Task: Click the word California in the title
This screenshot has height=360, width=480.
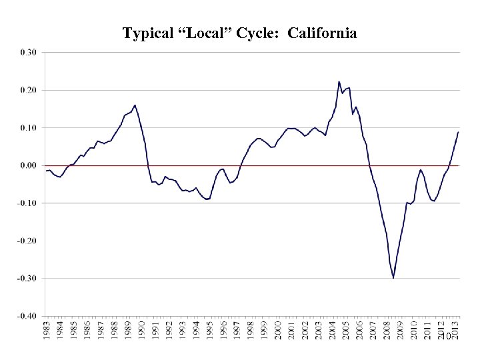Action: tap(322, 33)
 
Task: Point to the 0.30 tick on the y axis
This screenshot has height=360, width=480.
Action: tap(30, 52)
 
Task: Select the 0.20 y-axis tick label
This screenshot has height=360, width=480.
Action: tap(30, 90)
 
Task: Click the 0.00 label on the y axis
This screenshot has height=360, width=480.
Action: tap(30, 165)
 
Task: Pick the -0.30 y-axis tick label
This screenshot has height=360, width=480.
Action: tap(29, 278)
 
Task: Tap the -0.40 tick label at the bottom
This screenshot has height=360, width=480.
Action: tap(29, 316)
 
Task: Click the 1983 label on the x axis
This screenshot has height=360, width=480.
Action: tap(47, 330)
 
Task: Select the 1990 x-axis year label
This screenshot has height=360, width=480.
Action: tap(142, 330)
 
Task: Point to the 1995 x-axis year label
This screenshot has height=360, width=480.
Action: tap(210, 330)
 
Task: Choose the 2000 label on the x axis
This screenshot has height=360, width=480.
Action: tap(278, 330)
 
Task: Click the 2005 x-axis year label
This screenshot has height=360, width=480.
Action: tap(346, 330)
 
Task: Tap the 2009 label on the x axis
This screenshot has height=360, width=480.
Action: tap(401, 330)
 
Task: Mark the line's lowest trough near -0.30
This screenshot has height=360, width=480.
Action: tap(393, 278)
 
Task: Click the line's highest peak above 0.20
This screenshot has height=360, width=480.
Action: tap(339, 82)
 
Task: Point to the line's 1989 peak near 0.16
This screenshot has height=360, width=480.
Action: tap(135, 105)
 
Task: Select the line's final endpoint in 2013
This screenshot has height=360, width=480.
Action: tap(459, 132)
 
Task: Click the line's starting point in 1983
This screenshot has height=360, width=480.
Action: tap(46, 171)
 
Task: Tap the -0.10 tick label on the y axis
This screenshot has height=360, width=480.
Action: tap(29, 203)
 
